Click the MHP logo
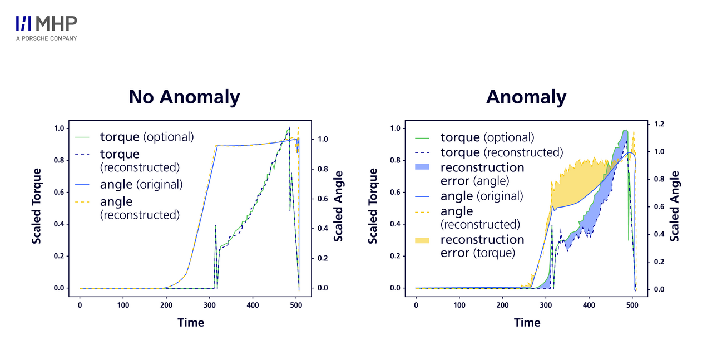click(47, 24)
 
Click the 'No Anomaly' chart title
click(184, 97)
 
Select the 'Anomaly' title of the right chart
click(526, 97)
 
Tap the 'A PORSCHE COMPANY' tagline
click(47, 38)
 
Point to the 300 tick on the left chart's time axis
click(166, 305)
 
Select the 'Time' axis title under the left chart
click(191, 323)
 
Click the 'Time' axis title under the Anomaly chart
click(527, 323)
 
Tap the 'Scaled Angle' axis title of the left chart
click(338, 206)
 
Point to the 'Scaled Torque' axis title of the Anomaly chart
click(373, 206)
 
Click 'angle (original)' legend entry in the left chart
click(141, 184)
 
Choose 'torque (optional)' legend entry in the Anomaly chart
click(487, 137)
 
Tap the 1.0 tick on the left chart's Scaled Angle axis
click(322, 140)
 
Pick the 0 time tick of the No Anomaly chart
click(80, 305)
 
